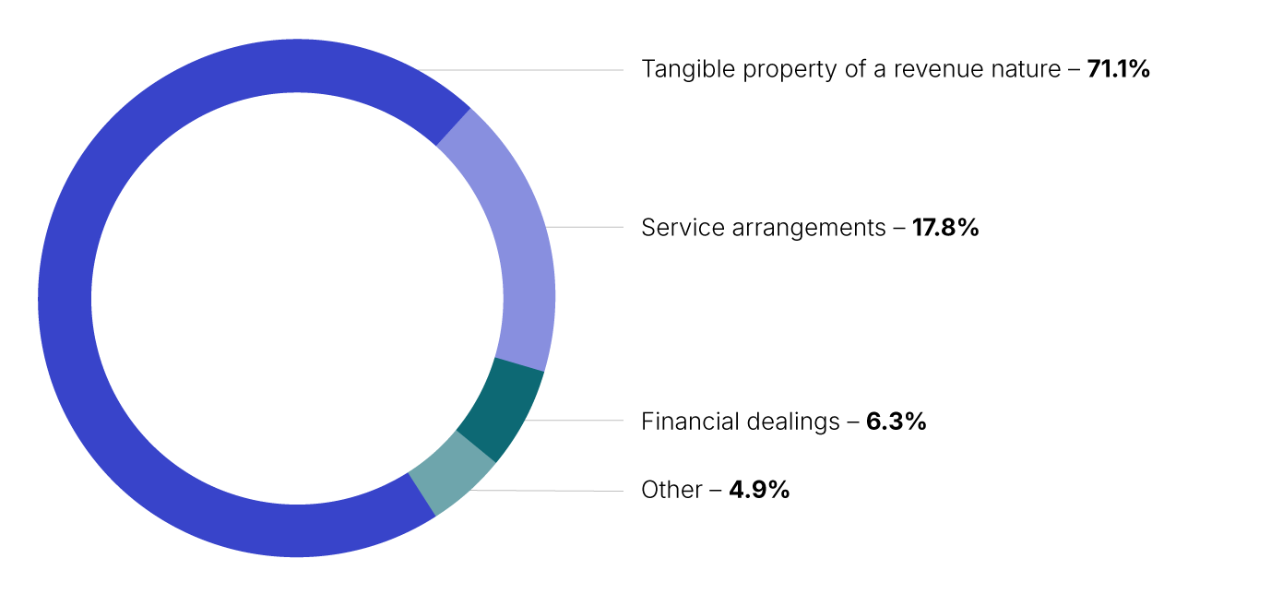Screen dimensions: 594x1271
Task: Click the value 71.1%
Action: click(x=1119, y=69)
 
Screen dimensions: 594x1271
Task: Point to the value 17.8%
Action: click(x=945, y=228)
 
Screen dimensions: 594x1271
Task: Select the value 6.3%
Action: click(x=896, y=422)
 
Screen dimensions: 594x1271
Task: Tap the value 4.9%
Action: click(x=759, y=490)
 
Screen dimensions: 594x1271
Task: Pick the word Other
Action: click(x=671, y=490)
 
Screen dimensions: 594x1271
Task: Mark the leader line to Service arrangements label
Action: click(x=586, y=227)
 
